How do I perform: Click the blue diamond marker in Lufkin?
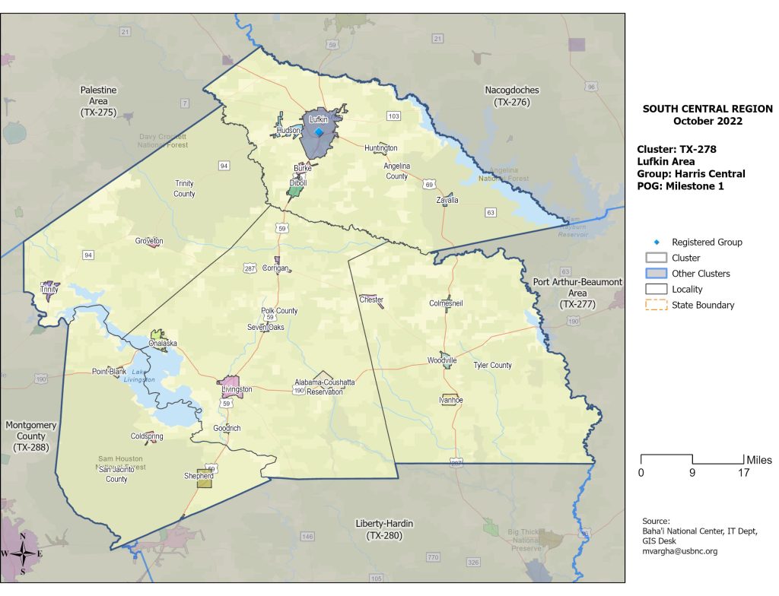click(x=319, y=132)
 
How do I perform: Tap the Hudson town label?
click(x=288, y=131)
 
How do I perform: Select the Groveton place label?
click(x=149, y=241)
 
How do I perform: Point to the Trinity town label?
click(x=49, y=290)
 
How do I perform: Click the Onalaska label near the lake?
click(x=163, y=344)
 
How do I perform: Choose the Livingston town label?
click(x=237, y=389)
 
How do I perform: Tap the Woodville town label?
click(x=442, y=360)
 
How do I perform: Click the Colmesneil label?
click(x=446, y=303)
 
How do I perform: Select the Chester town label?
click(x=371, y=300)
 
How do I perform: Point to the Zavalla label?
click(x=447, y=201)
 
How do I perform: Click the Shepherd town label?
click(x=199, y=476)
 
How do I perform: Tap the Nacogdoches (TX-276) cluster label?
click(x=512, y=96)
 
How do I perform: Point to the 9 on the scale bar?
click(x=692, y=473)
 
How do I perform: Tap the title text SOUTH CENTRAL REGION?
click(x=707, y=109)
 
